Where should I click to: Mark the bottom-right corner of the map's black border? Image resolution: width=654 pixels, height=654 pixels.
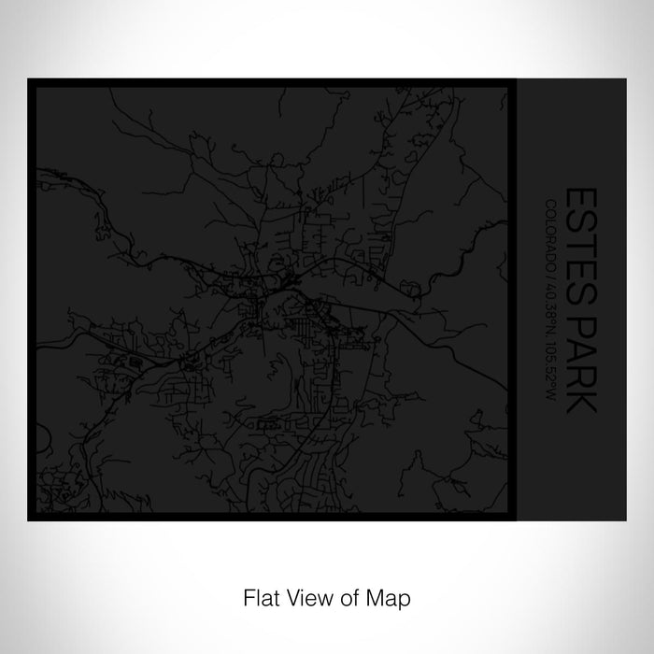click(512, 517)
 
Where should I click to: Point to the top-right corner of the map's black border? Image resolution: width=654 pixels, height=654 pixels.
click(512, 83)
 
